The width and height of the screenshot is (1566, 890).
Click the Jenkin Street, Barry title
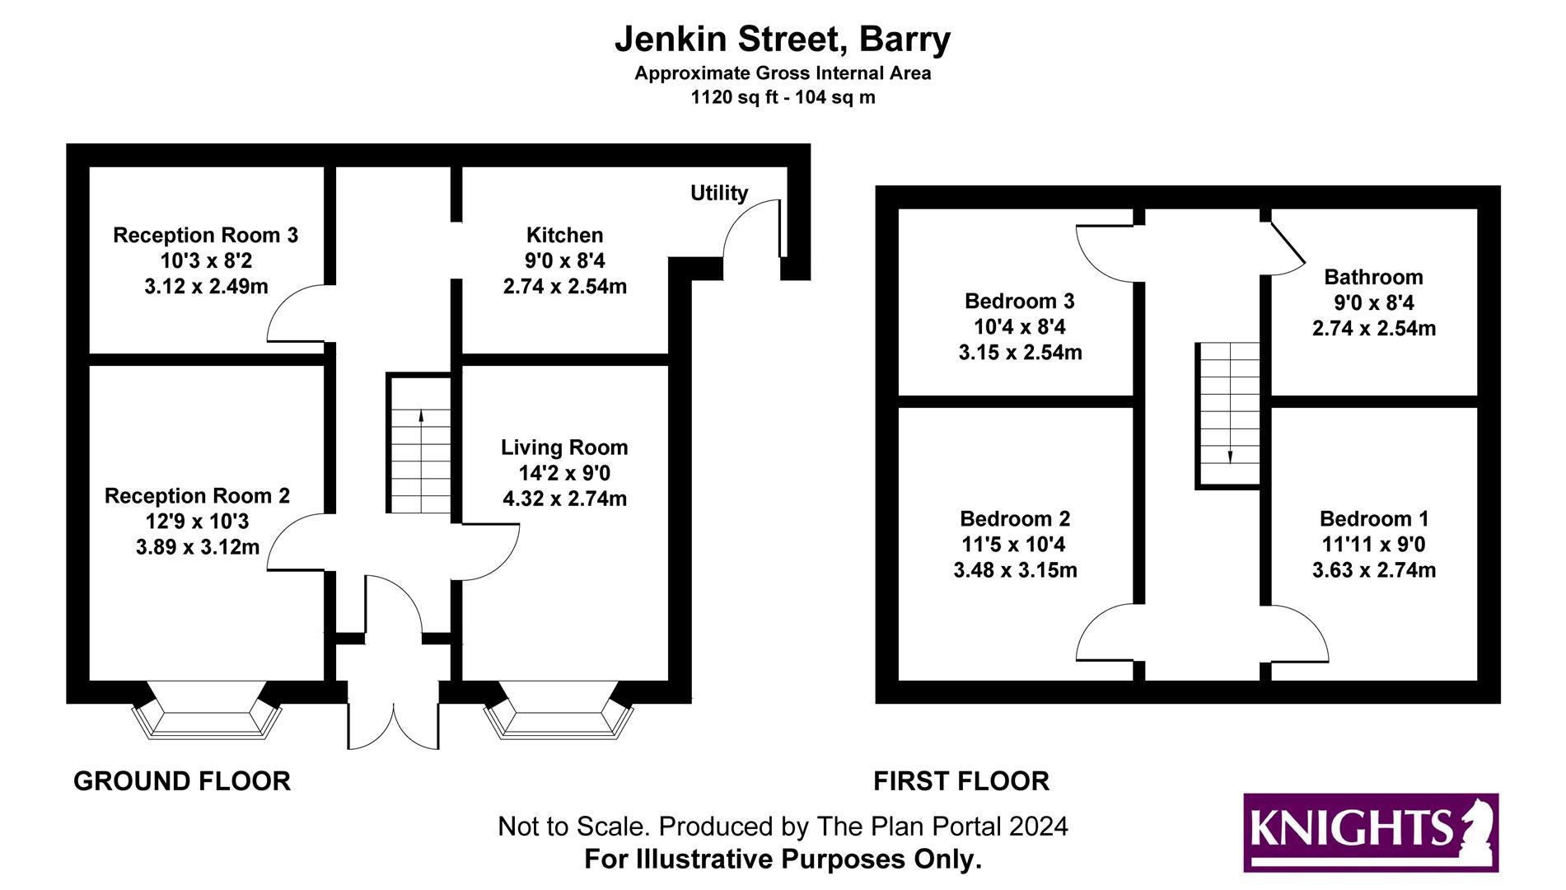pos(783,40)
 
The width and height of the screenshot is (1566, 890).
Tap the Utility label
pos(719,193)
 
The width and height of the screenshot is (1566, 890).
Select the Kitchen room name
pos(565,235)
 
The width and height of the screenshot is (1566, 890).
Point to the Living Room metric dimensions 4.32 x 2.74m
pos(565,499)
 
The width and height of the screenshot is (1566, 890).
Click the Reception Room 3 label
pos(206,235)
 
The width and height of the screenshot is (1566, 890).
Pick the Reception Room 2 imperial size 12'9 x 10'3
pos(198,522)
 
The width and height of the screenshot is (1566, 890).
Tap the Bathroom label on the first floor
pos(1373,277)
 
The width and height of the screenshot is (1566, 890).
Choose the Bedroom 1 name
pos(1374,518)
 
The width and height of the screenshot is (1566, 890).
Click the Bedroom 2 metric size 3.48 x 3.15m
pos(1015,570)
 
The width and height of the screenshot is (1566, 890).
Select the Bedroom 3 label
pos(1020,301)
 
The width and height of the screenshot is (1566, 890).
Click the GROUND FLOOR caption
pos(182,781)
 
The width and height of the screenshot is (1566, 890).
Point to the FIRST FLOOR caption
pos(961,781)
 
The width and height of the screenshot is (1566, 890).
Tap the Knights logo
pos(1371,832)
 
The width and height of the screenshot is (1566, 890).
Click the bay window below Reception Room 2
pos(207,710)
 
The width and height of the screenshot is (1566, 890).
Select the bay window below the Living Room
pos(559,710)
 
